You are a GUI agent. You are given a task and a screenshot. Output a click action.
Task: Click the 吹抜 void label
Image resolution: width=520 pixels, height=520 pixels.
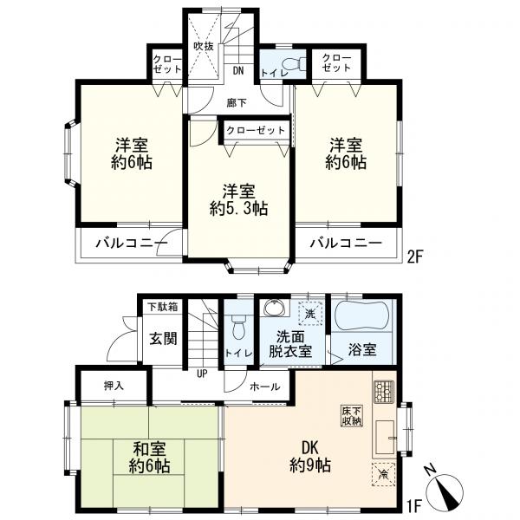tap(204, 47)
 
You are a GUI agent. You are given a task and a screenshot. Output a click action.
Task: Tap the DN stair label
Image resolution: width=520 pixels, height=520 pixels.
tap(237, 71)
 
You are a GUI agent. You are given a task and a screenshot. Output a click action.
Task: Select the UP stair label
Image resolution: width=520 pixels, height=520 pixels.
tap(202, 374)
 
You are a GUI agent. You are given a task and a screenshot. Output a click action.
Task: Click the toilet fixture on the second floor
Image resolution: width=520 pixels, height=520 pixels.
tap(294, 64)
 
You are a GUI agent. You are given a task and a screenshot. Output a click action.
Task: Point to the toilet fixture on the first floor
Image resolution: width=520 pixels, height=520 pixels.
tap(238, 327)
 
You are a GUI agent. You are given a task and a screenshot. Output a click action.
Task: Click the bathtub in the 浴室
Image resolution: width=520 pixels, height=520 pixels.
tap(362, 315)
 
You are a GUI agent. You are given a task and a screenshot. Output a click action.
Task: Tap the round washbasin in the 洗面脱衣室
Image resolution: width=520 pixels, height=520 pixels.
tap(276, 308)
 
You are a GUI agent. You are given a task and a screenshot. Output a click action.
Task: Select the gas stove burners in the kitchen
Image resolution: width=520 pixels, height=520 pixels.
tap(384, 392)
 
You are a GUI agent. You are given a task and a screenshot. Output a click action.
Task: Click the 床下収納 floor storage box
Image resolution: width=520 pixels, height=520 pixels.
tap(352, 416)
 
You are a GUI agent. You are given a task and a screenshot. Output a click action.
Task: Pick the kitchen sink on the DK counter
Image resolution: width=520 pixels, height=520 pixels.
tap(385, 437)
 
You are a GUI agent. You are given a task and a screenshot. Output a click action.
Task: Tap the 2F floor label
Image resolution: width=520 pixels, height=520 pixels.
tap(415, 257)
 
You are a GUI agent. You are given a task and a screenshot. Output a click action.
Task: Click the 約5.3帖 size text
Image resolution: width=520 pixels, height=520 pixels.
tap(238, 209)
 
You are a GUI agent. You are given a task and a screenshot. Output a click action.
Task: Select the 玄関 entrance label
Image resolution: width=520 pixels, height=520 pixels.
tap(163, 339)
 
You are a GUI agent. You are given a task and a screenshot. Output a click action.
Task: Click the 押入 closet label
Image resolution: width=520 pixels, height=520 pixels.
tap(114, 386)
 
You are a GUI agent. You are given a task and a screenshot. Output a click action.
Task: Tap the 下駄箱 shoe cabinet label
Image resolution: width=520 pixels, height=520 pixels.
tap(163, 307)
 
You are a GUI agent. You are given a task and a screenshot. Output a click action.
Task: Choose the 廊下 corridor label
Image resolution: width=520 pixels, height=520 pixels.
tap(237, 103)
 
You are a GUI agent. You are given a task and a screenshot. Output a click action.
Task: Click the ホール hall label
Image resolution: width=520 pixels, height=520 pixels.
tap(265, 387)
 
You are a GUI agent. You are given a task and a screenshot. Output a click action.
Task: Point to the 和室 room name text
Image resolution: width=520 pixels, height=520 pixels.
tap(149, 450)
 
